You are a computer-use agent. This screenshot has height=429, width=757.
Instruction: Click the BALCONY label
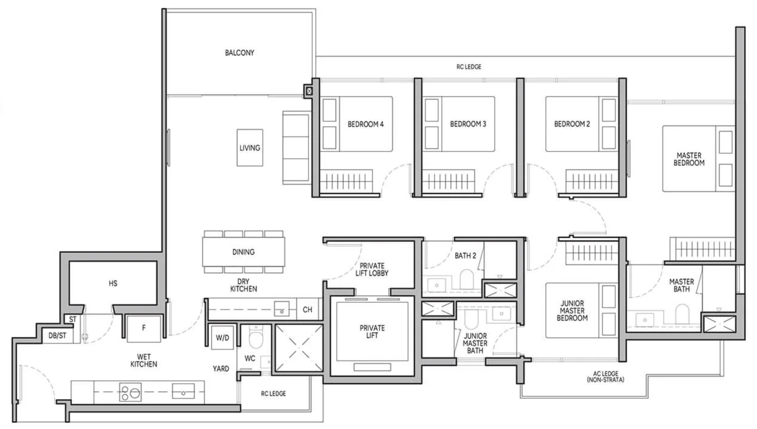(239, 53)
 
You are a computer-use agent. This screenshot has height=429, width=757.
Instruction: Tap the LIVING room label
(250, 148)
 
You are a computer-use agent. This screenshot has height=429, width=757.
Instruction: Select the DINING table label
(243, 252)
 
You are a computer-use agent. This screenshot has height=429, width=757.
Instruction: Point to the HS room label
(113, 283)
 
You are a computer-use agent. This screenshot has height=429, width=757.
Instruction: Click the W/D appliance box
(222, 337)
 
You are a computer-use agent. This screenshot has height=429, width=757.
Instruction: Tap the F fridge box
(143, 328)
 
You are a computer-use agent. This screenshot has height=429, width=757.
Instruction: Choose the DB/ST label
(57, 336)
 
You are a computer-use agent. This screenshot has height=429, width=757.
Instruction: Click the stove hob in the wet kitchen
(130, 392)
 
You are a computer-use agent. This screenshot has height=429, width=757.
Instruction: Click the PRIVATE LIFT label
(372, 332)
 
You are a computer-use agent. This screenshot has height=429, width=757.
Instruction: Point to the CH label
(307, 309)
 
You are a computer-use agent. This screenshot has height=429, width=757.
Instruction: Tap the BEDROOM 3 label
(468, 124)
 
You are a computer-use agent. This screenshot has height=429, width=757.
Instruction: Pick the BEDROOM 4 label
(365, 124)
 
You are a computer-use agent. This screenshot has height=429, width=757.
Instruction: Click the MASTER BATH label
(681, 285)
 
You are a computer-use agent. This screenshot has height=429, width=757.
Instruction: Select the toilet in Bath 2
(466, 278)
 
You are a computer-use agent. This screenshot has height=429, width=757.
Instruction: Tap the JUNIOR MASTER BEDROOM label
(572, 311)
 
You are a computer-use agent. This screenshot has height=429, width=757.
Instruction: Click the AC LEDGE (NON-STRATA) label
(606, 377)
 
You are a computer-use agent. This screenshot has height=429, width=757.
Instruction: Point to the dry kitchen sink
(281, 309)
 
